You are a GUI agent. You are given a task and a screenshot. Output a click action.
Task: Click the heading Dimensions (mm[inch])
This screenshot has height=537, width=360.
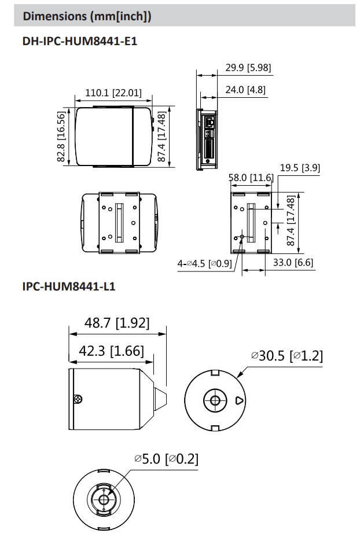(87, 16)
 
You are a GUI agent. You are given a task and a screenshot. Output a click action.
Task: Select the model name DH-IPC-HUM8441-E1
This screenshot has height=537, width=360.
(79, 42)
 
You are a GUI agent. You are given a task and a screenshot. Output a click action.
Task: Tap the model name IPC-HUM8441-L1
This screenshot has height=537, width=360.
(69, 286)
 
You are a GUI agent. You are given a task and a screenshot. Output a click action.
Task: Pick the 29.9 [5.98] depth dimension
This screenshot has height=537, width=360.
(248, 68)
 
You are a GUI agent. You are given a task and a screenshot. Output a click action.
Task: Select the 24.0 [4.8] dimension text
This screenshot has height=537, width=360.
(245, 90)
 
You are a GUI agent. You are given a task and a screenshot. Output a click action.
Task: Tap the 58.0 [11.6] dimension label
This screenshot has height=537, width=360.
(251, 178)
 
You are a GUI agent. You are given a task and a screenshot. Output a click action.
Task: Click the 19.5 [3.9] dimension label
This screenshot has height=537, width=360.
(300, 168)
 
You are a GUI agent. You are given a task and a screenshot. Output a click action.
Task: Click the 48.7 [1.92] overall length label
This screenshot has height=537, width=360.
(117, 323)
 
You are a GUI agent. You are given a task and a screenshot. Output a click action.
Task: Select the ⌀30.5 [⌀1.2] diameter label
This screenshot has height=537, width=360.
(286, 355)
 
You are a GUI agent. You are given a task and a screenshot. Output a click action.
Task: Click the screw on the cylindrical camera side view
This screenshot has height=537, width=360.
(78, 399)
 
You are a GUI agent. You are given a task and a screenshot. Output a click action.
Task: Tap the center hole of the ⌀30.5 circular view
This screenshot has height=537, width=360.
(215, 400)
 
